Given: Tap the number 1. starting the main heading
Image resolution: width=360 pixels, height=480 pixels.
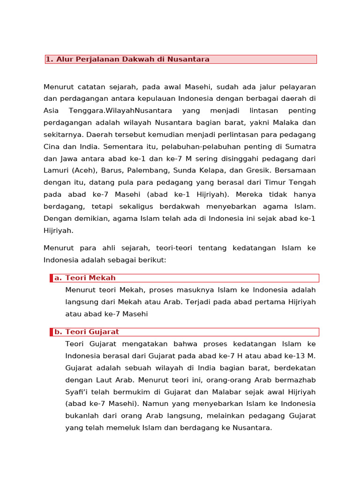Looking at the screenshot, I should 49,59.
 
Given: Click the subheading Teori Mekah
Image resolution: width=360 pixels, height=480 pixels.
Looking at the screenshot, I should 90,278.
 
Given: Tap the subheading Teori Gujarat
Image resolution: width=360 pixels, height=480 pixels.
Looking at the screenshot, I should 92,332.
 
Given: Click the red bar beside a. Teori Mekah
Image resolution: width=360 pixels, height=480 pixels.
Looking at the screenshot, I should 51,278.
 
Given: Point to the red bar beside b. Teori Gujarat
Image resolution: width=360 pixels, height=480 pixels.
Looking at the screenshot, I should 51,332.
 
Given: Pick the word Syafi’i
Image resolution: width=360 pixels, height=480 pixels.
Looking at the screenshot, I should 78,392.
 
